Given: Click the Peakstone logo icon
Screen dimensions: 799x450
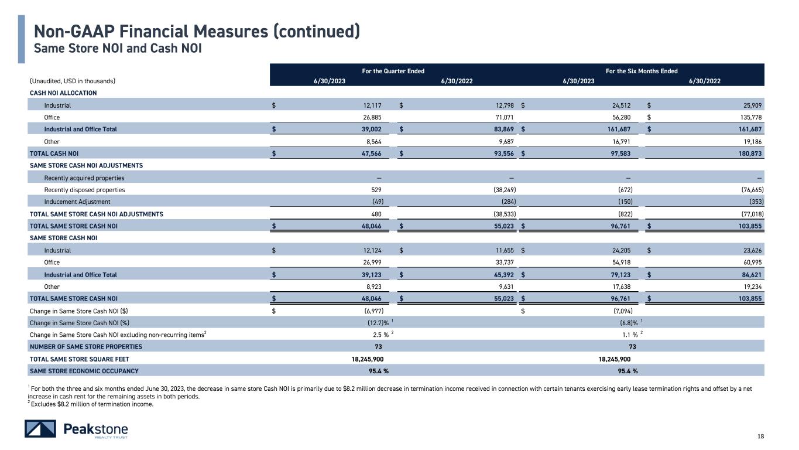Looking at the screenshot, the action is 40,428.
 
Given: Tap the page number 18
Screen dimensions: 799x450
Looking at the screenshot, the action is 760,436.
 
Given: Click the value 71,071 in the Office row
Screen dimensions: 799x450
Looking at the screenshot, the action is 505,117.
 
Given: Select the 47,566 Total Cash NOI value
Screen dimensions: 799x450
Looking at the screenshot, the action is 371,154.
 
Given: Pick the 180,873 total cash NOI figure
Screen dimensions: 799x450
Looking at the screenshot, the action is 750,154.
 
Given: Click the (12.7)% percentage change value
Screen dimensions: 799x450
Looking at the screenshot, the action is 378,323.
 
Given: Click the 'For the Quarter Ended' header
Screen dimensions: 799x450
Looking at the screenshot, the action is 393,71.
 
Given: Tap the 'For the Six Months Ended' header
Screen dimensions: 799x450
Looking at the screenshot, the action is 642,71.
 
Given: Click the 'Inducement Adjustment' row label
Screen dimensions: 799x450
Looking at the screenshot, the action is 77,202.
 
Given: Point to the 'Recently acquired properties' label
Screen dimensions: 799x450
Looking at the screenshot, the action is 84,178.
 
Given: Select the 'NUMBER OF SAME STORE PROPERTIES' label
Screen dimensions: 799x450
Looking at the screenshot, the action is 86,347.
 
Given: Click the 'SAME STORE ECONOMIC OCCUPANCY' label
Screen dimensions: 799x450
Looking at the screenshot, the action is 84,371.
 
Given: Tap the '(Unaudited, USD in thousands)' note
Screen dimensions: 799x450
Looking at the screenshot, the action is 73,81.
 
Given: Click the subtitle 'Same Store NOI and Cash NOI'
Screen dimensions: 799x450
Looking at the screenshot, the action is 118,48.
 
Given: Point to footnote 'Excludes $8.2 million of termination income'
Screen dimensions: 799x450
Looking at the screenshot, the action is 92,404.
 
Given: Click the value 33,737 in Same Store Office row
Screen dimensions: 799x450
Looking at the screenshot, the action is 505,262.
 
